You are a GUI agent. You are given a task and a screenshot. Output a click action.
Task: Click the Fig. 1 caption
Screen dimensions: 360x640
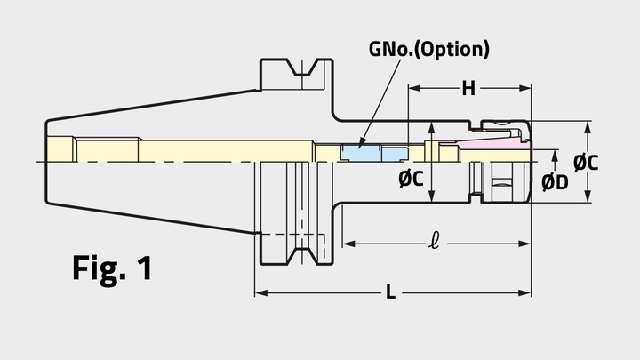(x=112, y=268)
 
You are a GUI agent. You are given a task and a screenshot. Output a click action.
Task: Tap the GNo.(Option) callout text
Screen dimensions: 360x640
(x=430, y=49)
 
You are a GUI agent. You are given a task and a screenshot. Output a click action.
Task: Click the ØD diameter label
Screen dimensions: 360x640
(x=556, y=182)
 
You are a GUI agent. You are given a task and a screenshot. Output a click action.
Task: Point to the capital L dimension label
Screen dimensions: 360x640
(x=390, y=292)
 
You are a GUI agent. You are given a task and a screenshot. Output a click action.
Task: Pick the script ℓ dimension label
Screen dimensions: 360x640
(x=433, y=239)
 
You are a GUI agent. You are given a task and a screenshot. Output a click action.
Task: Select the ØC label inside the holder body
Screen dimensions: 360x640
(x=411, y=179)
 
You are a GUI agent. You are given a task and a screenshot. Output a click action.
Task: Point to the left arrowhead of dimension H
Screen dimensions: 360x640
(x=412, y=88)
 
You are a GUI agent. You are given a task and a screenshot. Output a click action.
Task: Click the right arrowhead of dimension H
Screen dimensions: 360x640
(x=525, y=88)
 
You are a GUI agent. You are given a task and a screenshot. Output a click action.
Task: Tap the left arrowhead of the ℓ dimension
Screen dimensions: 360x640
(x=348, y=241)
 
